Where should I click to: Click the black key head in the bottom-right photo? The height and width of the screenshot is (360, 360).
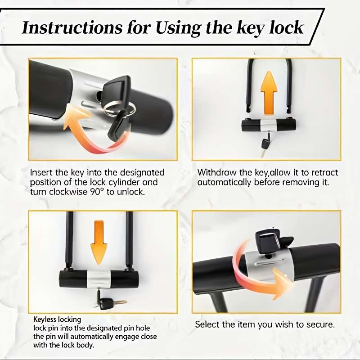tap(268, 240)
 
